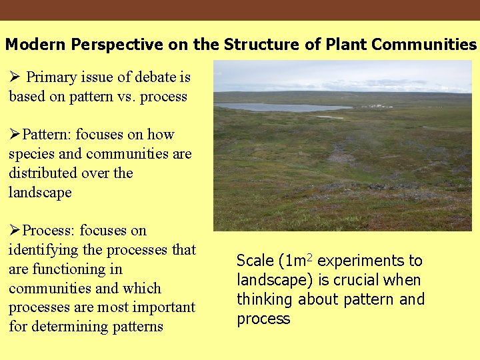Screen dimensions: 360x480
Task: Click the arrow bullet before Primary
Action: [15, 77]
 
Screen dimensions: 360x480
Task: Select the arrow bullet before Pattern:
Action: [15, 135]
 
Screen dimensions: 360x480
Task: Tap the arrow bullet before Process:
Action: [15, 231]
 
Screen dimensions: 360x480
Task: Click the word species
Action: [31, 154]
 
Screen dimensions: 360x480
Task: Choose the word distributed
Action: [40, 173]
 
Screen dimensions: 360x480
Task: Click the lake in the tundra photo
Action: [280, 107]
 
